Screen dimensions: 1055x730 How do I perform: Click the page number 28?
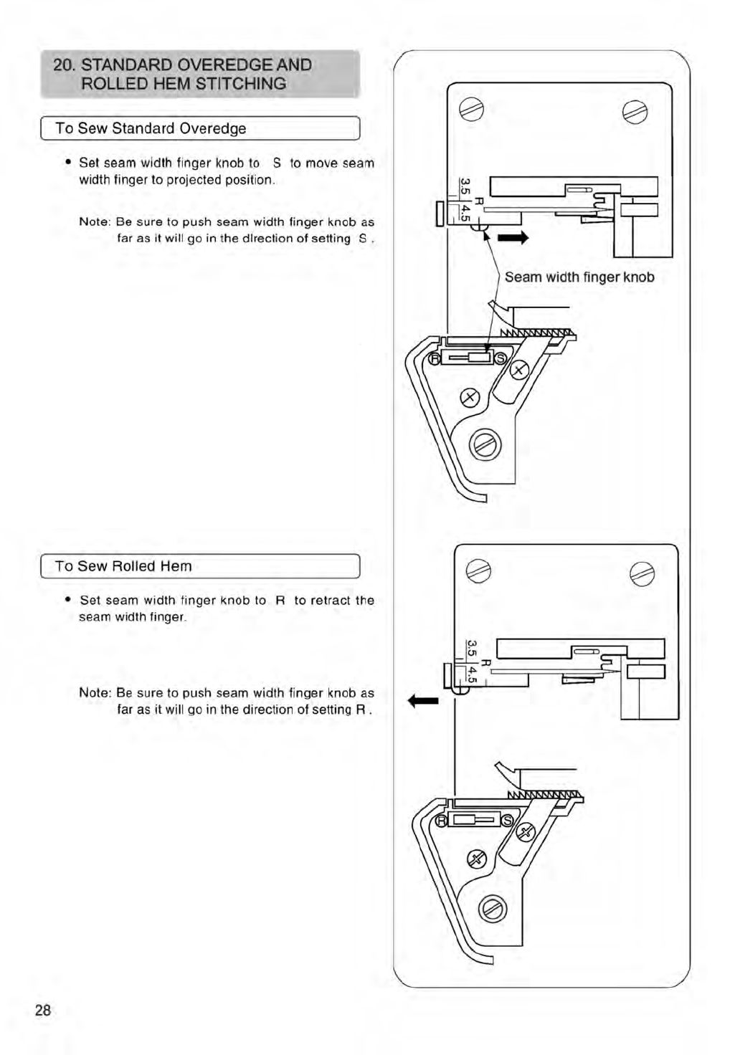[x=43, y=1010]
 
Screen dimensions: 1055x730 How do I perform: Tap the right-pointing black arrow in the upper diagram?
[x=513, y=237]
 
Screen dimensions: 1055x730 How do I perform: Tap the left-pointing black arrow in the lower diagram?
[x=423, y=700]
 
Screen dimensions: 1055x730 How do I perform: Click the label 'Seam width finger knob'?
[x=579, y=277]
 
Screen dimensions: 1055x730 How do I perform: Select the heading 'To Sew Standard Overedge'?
[x=151, y=128]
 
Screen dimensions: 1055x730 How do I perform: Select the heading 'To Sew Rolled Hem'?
[x=123, y=566]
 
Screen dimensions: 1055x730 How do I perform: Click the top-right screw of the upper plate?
[x=635, y=112]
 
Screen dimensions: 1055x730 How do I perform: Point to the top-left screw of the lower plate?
[x=478, y=571]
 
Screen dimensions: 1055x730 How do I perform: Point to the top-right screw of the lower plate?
[x=642, y=574]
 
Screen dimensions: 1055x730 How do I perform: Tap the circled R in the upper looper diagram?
[x=435, y=358]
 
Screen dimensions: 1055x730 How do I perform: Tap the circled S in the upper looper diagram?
[x=500, y=358]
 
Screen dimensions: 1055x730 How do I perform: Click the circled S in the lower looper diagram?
[x=507, y=820]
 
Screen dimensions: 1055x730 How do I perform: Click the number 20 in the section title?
[x=63, y=65]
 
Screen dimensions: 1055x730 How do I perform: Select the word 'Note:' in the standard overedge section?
[x=95, y=222]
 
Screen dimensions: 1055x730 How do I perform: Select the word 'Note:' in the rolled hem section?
[x=95, y=693]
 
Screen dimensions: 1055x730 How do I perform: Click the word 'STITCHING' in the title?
[x=241, y=84]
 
